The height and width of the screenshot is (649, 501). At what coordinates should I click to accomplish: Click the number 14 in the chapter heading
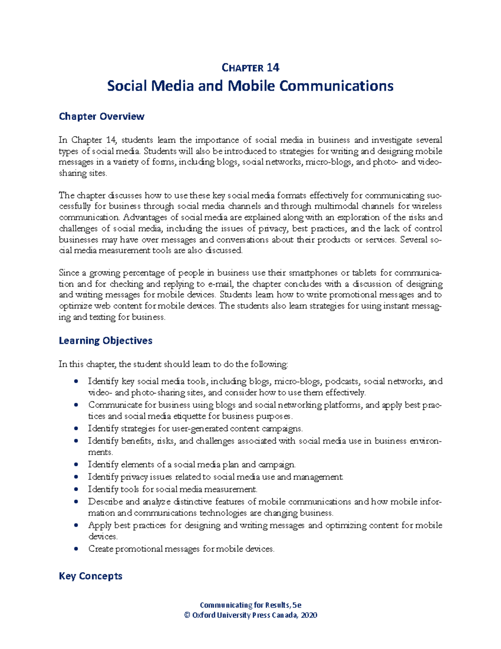click(273, 68)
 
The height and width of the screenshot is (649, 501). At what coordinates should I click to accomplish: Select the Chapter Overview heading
click(101, 117)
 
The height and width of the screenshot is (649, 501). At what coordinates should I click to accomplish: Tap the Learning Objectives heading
click(105, 341)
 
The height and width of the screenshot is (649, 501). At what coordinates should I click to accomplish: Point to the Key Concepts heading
click(91, 576)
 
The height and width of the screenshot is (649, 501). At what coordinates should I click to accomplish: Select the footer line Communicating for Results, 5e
click(250, 605)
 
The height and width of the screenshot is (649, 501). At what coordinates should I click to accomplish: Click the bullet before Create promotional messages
click(76, 549)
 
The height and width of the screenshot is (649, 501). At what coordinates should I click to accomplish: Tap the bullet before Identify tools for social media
click(76, 489)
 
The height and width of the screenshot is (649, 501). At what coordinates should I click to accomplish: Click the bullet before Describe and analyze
click(76, 502)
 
